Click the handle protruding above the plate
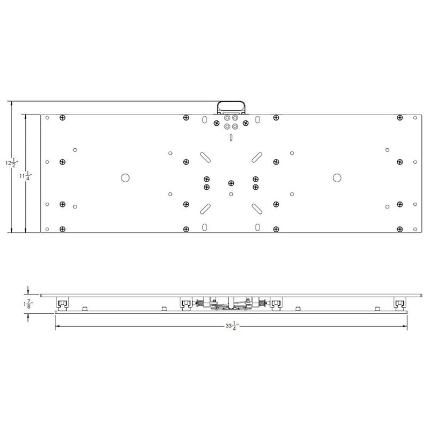coord(230,106)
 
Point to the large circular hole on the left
coord(124,177)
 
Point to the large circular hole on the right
coord(336,177)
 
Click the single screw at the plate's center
coord(230,183)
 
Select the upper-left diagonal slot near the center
coord(205,156)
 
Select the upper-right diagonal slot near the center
coord(255,156)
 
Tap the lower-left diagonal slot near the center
coord(205,207)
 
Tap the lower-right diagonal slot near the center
coord(255,207)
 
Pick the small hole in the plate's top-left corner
coord(48,118)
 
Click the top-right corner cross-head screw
coord(399,118)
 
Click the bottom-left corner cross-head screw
coord(62,229)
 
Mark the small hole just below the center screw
coord(230,193)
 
